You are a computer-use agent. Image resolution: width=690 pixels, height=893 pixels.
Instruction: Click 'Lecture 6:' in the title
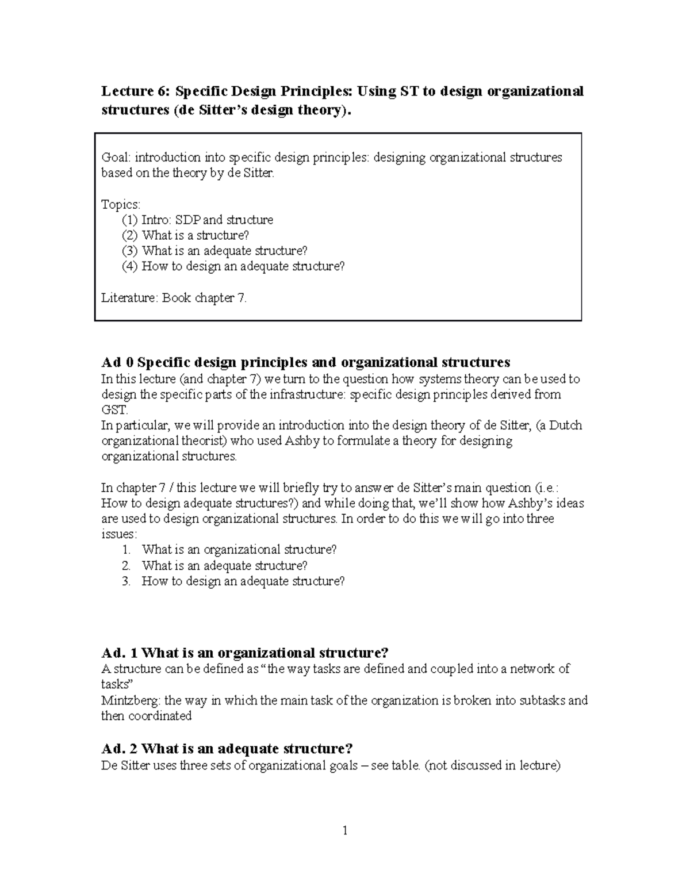coord(136,91)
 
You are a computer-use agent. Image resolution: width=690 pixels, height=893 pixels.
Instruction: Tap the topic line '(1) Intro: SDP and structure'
coord(197,220)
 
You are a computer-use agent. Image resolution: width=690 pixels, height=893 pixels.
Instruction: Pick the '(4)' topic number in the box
coord(129,267)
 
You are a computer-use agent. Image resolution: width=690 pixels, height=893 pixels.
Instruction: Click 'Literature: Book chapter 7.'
coord(174,298)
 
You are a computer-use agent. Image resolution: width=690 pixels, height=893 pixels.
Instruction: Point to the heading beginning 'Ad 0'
coord(305,363)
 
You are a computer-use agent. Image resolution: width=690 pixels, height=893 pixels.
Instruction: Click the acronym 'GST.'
coord(112,411)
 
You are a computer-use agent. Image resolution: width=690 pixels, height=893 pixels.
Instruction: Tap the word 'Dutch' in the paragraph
coord(566,426)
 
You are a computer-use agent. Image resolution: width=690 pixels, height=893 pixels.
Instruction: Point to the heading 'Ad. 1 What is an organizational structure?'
coord(245,653)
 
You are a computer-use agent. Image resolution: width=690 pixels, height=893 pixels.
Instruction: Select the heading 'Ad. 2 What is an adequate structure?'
coord(227,749)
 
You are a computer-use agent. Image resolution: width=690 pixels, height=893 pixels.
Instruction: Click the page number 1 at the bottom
coord(345,831)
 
